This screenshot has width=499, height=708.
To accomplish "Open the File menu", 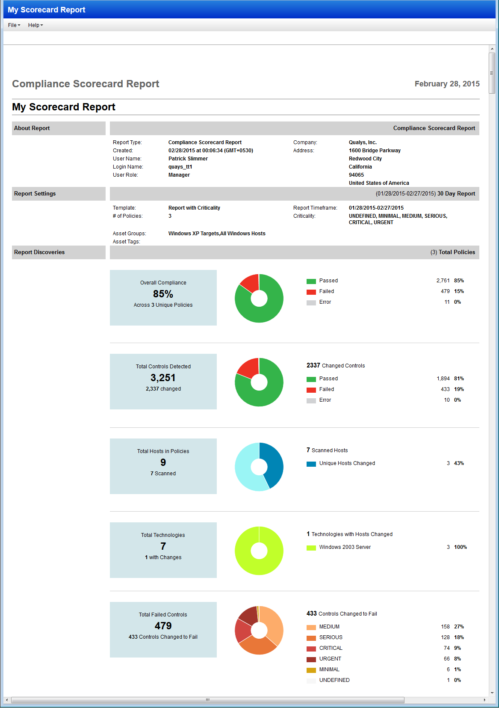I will [14, 25].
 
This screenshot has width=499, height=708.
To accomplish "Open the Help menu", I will [35, 25].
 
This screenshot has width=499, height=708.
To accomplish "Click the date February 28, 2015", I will [447, 84].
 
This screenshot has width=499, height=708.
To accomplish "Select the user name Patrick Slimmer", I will [188, 159].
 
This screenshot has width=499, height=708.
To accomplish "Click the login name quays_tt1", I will [180, 167].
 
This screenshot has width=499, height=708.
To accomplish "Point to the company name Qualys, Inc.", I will [363, 142].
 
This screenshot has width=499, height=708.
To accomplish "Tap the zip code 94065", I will [356, 175].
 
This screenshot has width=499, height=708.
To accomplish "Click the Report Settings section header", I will [35, 194].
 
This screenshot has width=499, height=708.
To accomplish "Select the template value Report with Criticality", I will [194, 208].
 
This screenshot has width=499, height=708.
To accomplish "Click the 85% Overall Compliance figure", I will [163, 294].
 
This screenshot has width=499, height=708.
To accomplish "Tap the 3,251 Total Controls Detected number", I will [163, 378].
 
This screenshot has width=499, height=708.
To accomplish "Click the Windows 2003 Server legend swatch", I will [311, 548].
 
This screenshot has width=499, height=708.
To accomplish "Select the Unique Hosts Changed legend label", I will [347, 463].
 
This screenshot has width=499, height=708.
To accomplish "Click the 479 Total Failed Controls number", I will [163, 626].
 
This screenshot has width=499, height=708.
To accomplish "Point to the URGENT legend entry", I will [330, 659].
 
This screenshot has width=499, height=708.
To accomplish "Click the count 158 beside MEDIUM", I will [445, 627].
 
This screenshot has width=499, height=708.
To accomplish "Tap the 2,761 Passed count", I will [443, 281].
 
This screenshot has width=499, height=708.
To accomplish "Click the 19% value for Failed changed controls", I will [459, 389].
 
